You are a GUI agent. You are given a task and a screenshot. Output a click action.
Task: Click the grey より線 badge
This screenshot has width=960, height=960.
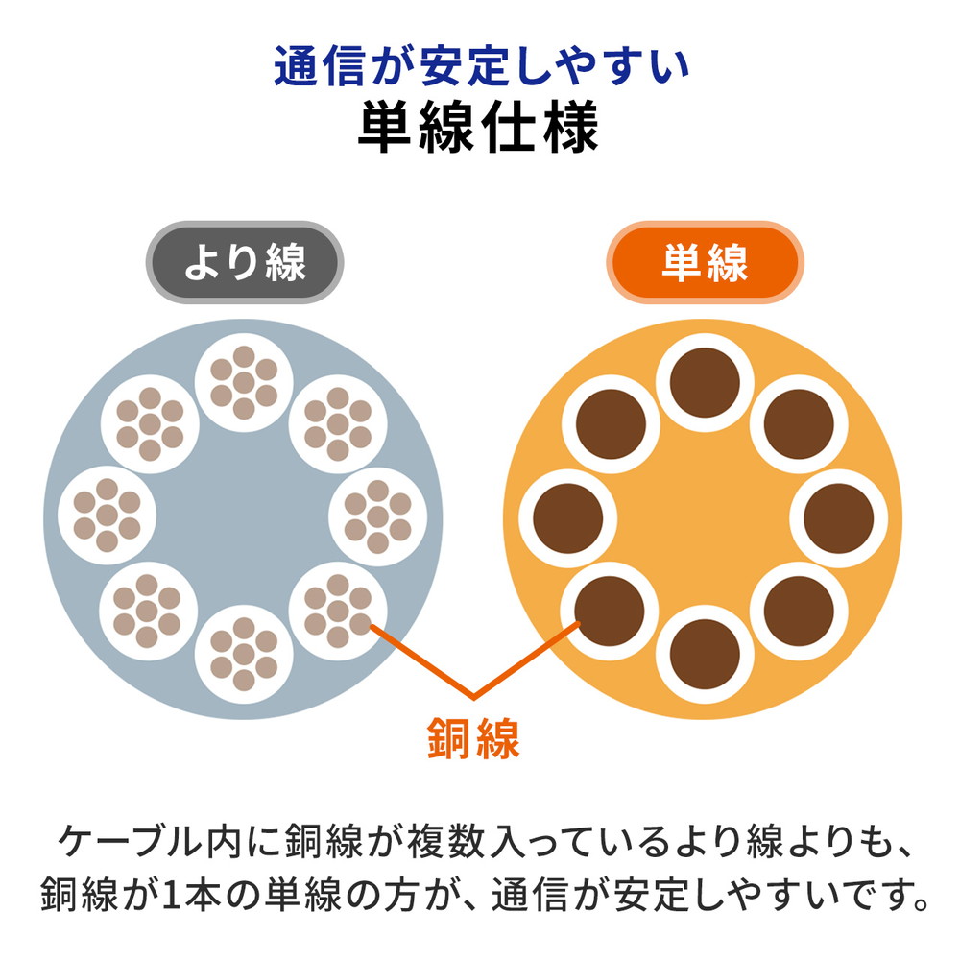pyautogui.click(x=244, y=262)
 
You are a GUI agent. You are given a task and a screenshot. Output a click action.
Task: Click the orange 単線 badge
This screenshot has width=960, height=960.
pyautogui.click(x=705, y=262)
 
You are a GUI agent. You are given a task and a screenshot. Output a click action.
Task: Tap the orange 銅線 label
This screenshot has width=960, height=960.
pyautogui.click(x=473, y=738)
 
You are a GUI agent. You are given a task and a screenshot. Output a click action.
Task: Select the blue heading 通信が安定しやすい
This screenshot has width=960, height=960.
pyautogui.click(x=482, y=65)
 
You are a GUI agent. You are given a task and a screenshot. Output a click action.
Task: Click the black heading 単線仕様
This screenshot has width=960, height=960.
pyautogui.click(x=478, y=127)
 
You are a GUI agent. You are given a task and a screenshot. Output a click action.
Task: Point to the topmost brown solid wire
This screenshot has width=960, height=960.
pyautogui.click(x=705, y=383)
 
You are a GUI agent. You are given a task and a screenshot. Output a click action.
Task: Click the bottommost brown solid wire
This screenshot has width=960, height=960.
pyautogui.click(x=705, y=654)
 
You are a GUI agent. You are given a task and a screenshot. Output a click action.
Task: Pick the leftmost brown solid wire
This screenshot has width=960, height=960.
pyautogui.click(x=568, y=518)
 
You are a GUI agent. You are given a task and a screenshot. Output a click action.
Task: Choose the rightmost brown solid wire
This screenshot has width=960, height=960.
pyautogui.click(x=839, y=518)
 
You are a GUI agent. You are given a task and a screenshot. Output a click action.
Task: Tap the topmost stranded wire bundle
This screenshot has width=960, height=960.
pyautogui.click(x=244, y=383)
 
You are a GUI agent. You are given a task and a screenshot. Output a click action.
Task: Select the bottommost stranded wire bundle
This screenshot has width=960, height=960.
pyautogui.click(x=244, y=654)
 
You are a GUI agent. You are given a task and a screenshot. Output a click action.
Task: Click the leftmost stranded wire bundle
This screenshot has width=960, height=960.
pyautogui.click(x=108, y=515)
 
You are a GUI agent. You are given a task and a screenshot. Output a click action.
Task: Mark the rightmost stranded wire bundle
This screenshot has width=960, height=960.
pyautogui.click(x=377, y=516)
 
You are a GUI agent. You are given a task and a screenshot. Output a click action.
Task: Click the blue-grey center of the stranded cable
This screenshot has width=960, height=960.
pyautogui.click(x=243, y=518)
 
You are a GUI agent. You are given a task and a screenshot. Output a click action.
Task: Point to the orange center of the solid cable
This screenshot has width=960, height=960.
pyautogui.click(x=704, y=518)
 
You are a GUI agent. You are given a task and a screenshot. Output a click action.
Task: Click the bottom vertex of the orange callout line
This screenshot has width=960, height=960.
pyautogui.click(x=473, y=697)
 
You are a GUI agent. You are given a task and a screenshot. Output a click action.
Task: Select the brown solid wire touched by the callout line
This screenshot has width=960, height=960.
pyautogui.click(x=610, y=611)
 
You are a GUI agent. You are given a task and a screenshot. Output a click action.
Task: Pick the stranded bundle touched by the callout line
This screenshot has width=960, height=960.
pyautogui.click(x=338, y=611)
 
